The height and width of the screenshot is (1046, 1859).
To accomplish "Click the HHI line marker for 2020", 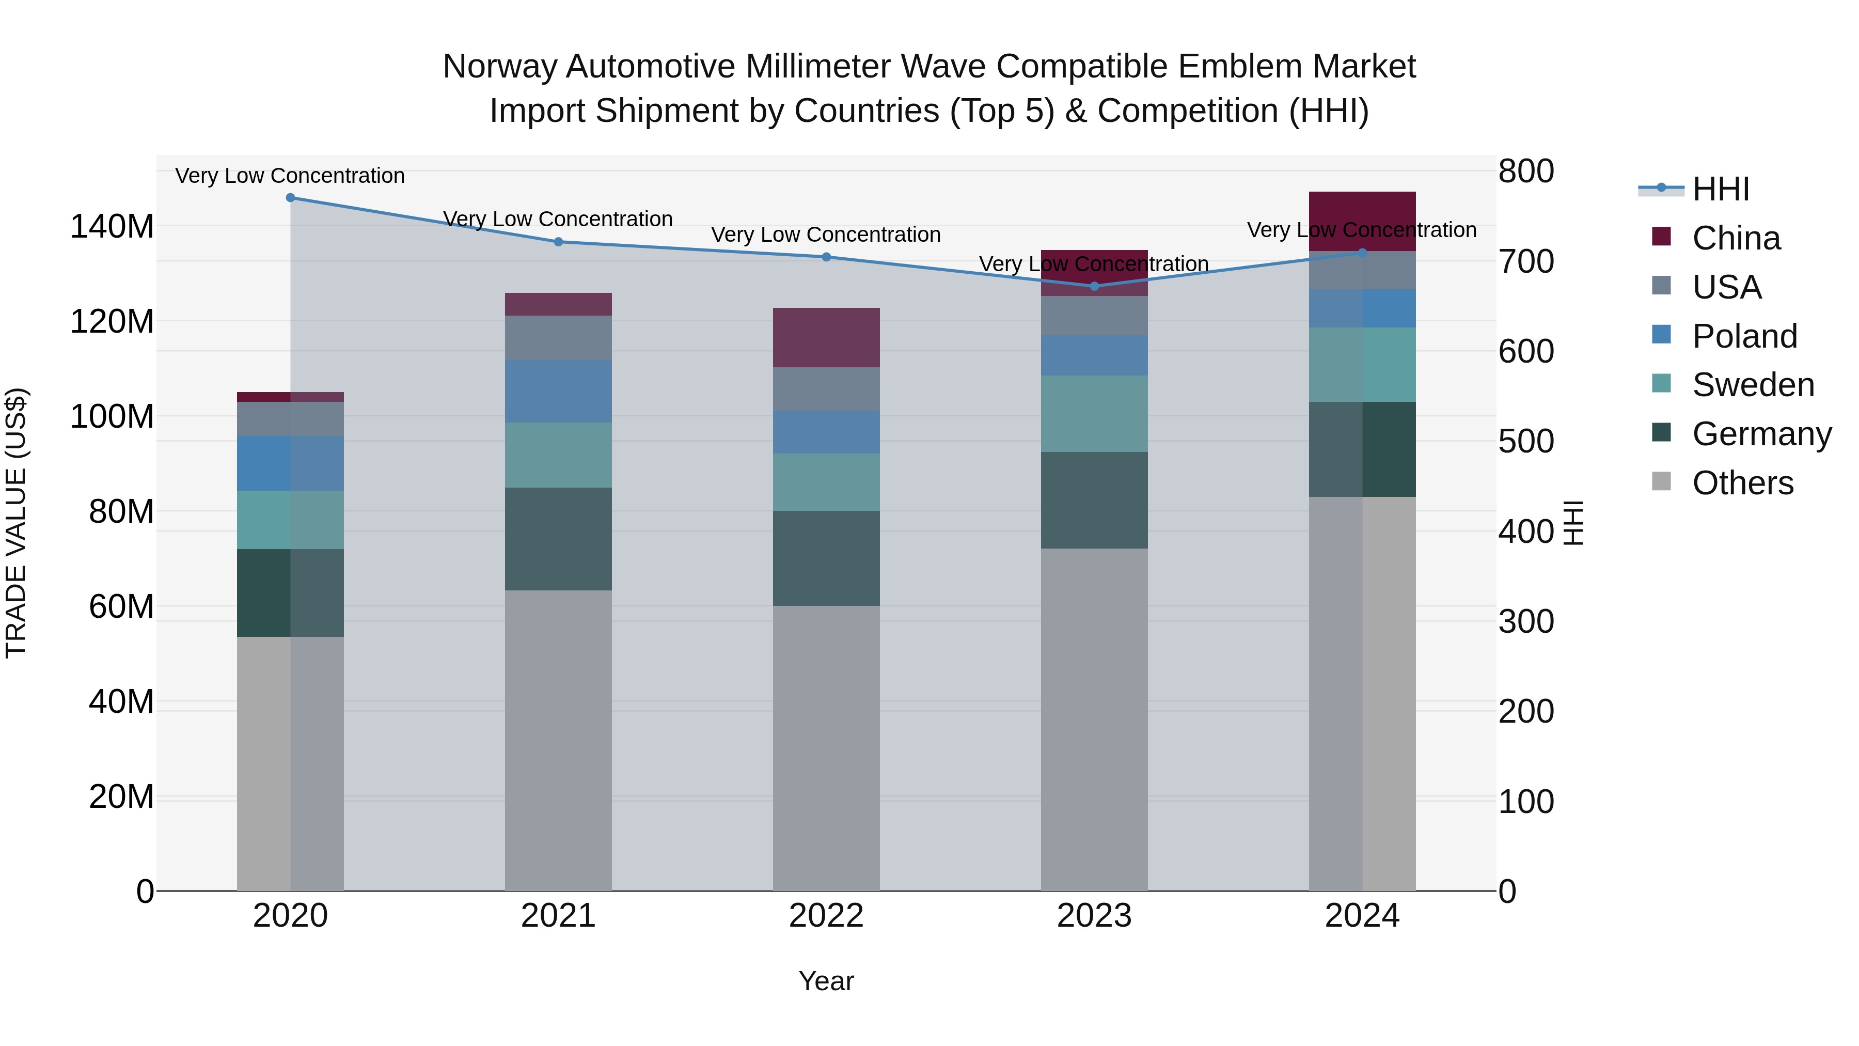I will click(x=290, y=197).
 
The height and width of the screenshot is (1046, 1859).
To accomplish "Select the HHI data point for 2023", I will click(x=1094, y=286).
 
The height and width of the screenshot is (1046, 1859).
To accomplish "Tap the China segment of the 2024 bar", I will click(x=1362, y=216).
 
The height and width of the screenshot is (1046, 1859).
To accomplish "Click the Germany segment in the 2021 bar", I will click(x=558, y=539).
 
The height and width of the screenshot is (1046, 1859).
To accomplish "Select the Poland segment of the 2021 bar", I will click(x=558, y=391).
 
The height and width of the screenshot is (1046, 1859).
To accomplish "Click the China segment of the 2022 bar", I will click(x=826, y=337).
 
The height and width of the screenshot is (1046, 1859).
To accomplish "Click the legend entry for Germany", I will click(x=1761, y=434).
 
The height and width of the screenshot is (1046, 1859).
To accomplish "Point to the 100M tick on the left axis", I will click(x=112, y=416).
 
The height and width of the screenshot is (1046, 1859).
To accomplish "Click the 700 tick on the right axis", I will click(x=1525, y=261).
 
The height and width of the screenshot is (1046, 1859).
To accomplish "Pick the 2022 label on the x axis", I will click(x=826, y=916).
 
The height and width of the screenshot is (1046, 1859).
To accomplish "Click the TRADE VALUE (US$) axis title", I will click(x=16, y=523).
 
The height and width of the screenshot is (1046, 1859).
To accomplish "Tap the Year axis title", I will click(x=826, y=981).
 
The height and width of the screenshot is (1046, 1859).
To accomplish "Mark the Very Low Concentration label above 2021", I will click(x=558, y=218).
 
